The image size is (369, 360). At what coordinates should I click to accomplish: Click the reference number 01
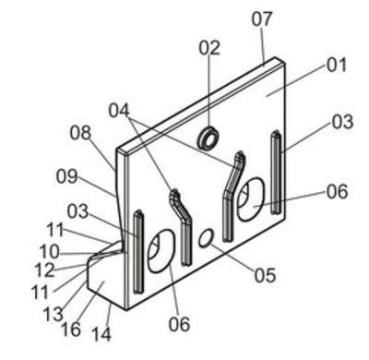click(x=337, y=66)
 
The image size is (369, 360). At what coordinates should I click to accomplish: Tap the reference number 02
click(x=209, y=48)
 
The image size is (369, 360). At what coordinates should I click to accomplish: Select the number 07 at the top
click(x=262, y=18)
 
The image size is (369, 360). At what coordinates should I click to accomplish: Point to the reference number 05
click(x=265, y=275)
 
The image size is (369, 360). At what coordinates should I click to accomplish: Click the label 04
click(x=119, y=111)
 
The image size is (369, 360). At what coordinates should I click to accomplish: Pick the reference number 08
click(x=80, y=133)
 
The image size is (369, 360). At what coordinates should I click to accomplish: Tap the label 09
click(x=66, y=176)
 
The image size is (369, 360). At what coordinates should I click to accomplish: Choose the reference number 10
click(x=49, y=252)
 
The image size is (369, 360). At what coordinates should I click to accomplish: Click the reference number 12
click(x=45, y=270)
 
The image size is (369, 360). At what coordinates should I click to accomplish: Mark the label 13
click(x=54, y=314)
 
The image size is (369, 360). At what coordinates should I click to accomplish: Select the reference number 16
click(x=71, y=330)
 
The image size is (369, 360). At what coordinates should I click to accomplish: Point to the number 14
click(x=101, y=334)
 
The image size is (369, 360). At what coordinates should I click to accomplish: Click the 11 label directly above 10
click(x=55, y=230)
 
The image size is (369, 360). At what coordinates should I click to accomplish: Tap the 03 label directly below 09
click(x=78, y=211)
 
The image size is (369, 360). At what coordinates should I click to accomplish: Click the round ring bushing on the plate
click(x=208, y=137)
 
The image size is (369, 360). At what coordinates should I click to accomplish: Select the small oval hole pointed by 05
click(x=206, y=237)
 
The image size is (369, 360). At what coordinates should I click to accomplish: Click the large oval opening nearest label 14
click(x=161, y=251)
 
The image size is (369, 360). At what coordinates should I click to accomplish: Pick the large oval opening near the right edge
click(x=250, y=199)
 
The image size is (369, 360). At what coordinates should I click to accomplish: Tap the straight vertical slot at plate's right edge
click(x=276, y=173)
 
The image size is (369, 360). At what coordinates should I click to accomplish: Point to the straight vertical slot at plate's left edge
click(x=138, y=251)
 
